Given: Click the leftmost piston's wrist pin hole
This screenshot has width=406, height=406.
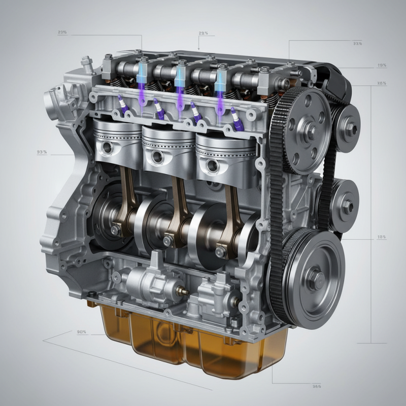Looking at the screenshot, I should (108, 148).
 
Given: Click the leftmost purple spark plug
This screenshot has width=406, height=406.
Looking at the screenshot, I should (122, 105).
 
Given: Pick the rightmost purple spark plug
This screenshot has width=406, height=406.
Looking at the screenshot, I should (235, 116).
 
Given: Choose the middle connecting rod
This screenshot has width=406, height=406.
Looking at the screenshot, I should (178, 208).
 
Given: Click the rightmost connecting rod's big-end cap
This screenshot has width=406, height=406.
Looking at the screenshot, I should (222, 249).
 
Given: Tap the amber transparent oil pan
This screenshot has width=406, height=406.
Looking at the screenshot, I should (193, 345).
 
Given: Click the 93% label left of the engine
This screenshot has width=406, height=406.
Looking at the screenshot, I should (42, 152).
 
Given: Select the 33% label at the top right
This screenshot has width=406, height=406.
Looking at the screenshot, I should (357, 44).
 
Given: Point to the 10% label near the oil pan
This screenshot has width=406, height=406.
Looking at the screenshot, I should (82, 332).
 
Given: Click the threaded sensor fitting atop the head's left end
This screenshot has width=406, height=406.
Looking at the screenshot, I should (85, 63).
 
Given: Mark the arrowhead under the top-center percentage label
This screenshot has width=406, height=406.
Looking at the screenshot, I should (198, 48).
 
